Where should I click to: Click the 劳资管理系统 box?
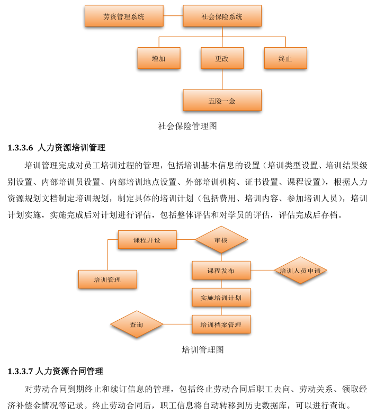(123, 16)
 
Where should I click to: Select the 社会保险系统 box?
(222, 16)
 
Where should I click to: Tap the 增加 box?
(158, 58)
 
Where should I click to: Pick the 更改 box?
(222, 58)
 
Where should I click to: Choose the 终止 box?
(285, 58)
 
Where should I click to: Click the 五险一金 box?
(222, 100)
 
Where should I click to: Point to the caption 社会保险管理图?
(187, 126)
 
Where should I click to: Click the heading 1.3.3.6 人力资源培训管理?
(56, 147)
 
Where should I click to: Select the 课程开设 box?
(147, 240)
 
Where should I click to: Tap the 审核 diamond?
(221, 240)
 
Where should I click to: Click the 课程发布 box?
(221, 271)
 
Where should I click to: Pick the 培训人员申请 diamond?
(300, 271)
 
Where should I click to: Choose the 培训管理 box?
(108, 279)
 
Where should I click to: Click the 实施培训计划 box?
(221, 298)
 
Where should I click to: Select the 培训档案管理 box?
(221, 324)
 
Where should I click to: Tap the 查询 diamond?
(137, 324)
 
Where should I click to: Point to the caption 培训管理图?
(203, 350)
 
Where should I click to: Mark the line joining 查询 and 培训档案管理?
(177, 324)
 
